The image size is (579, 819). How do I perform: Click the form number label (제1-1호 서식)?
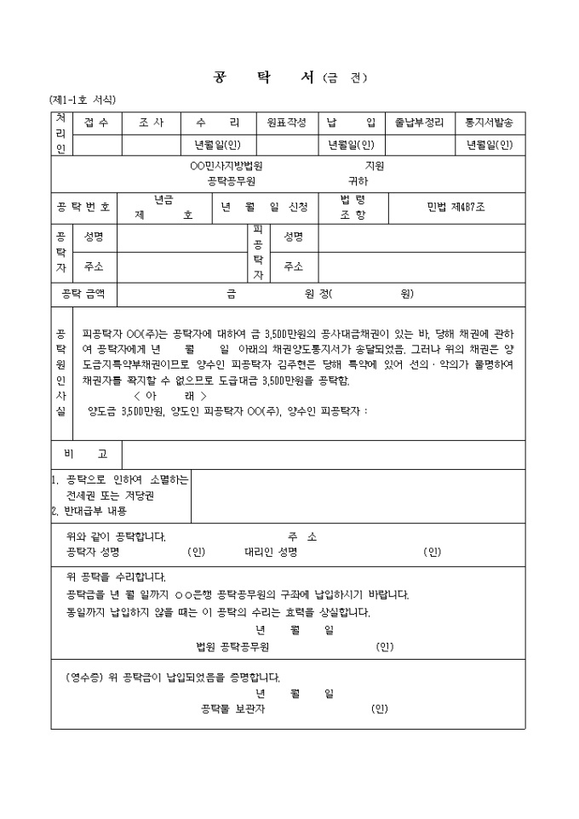click(83, 100)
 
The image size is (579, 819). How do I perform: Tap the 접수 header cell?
click(97, 123)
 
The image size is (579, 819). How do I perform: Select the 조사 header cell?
click(151, 123)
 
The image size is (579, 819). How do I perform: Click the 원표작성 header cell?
click(286, 123)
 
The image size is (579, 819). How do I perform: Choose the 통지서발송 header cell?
click(489, 123)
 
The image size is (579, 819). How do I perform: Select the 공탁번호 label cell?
click(83, 207)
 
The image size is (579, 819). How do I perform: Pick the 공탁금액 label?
click(83, 294)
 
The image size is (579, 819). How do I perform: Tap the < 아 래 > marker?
click(169, 396)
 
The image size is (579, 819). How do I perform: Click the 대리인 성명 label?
click(271, 552)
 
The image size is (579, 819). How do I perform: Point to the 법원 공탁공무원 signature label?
click(232, 647)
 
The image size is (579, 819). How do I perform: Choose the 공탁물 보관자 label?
click(234, 708)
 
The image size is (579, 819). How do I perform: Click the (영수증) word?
click(84, 678)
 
